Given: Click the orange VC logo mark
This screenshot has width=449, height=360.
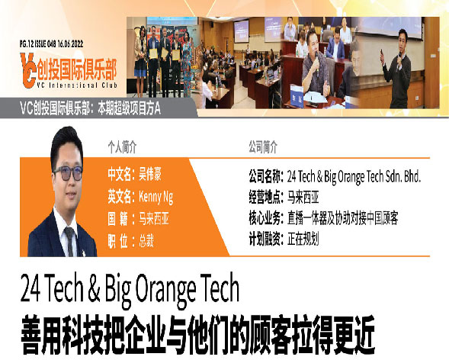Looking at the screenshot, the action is [28, 70].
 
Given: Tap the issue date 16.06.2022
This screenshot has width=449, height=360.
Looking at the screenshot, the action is [70, 43].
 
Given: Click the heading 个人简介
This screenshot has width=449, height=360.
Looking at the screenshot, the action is [122, 147].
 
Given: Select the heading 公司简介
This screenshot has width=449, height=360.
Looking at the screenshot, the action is [263, 147].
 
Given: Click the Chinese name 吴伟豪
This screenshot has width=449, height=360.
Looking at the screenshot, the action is [150, 174].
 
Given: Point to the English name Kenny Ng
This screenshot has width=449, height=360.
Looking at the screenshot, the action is [156, 197].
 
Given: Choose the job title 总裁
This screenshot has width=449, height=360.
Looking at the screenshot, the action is [146, 240].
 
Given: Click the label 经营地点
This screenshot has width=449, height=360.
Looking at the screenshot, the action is [265, 198].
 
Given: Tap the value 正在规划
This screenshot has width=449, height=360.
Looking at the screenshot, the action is [303, 239].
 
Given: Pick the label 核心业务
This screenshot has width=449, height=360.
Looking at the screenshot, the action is [265, 218].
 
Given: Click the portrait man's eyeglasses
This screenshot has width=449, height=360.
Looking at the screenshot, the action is [68, 173].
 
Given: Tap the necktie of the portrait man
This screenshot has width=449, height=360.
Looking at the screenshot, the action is [69, 240].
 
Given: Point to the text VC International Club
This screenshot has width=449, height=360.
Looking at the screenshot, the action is [77, 85].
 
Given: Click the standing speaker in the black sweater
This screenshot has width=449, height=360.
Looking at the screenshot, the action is [397, 69].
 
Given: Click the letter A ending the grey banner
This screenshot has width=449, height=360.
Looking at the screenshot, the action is [157, 108].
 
